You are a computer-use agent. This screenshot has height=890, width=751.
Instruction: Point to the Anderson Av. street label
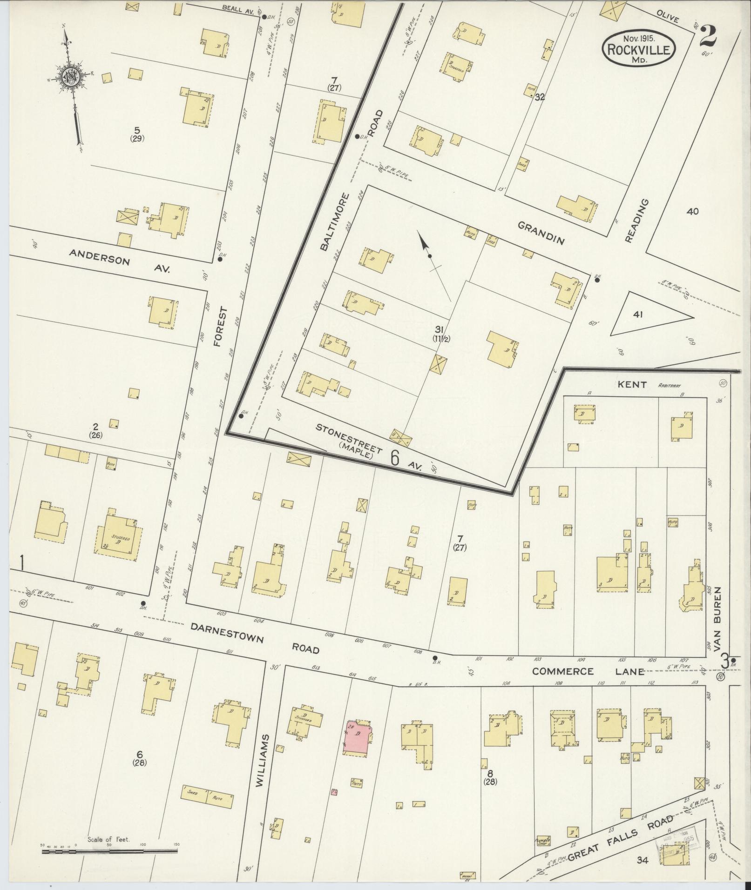point(120,261)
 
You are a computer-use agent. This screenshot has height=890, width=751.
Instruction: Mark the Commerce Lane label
point(589,671)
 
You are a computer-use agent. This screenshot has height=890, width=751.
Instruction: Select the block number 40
point(692,211)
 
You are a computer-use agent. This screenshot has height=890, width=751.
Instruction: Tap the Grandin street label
point(541,233)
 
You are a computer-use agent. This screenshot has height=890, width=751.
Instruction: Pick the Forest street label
point(222,326)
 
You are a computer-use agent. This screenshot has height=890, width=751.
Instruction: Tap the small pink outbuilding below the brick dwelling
point(334,791)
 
